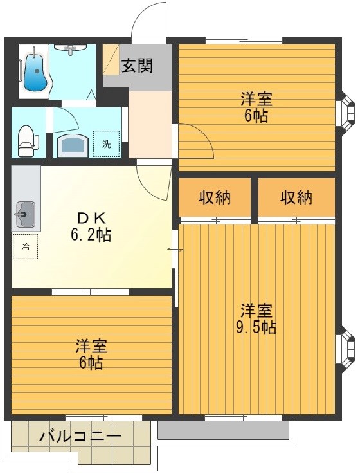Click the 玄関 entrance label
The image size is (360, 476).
coord(138,66)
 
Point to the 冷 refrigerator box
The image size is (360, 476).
coord(25,246)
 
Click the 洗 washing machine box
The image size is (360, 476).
coord(106,143)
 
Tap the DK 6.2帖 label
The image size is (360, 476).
coord(91,226)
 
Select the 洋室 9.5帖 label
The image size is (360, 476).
coord(257,318)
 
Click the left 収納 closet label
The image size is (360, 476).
coord(215,197)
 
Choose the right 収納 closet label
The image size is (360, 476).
coord(296,197)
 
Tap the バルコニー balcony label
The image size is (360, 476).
coord(80,437)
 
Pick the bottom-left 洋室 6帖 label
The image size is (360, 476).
coord(91,354)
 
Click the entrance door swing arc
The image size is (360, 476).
coord(148,19)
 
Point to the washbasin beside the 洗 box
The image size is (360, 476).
coord(73,145)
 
